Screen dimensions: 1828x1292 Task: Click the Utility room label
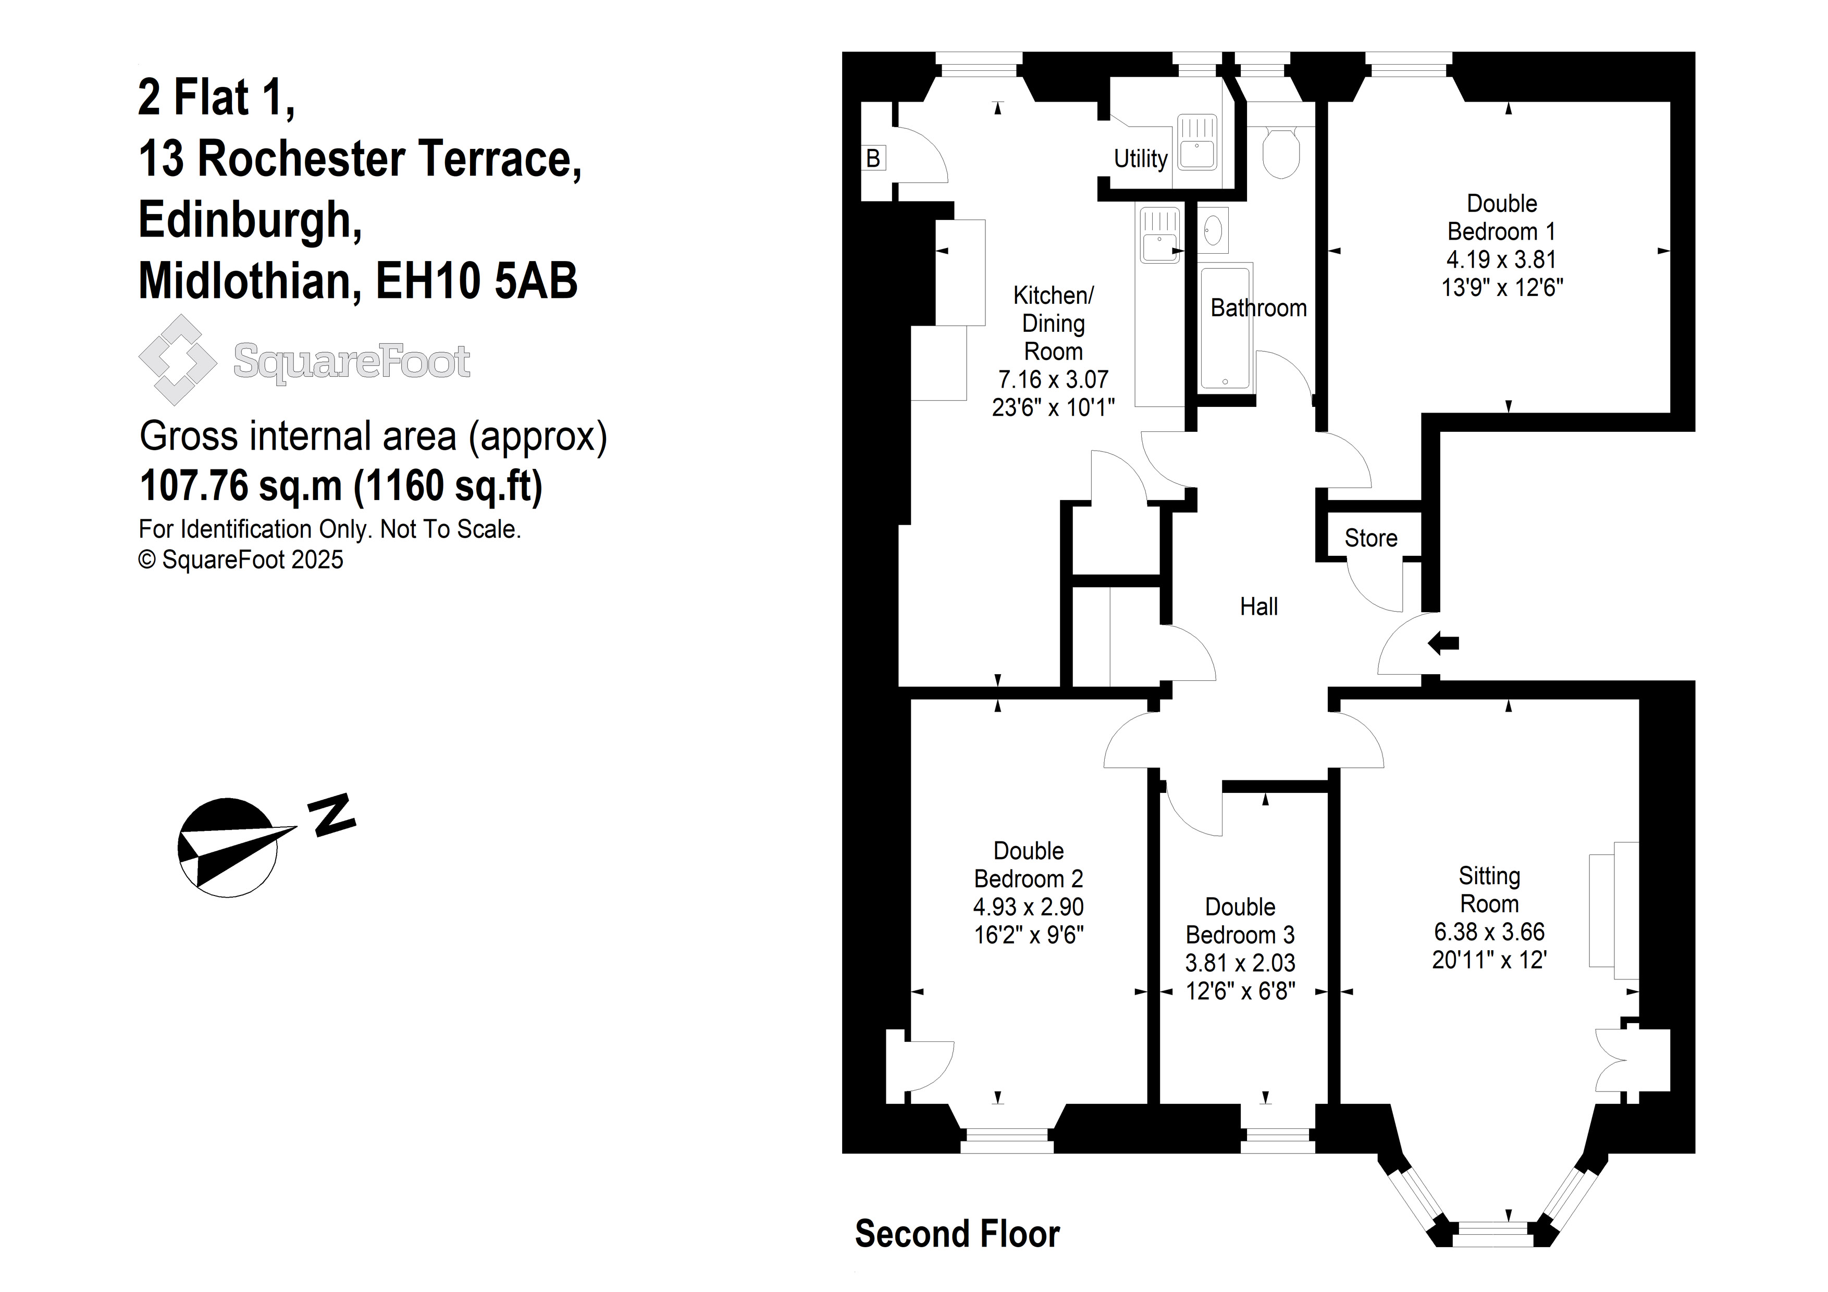click(1140, 159)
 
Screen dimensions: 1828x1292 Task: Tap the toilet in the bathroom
click(1281, 151)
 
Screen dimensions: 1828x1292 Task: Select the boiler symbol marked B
click(873, 158)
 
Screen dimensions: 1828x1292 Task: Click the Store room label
click(1371, 538)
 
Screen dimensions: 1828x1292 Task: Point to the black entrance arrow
click(1443, 643)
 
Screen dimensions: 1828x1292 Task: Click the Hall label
click(1259, 606)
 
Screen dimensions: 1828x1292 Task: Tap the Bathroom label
click(1259, 308)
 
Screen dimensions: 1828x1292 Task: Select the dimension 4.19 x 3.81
click(1502, 259)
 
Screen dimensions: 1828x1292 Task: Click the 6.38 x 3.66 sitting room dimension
click(1489, 931)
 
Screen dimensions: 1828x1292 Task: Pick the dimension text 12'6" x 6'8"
click(1240, 991)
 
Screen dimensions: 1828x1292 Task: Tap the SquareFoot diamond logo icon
click(178, 360)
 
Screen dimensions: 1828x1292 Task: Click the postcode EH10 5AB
click(476, 280)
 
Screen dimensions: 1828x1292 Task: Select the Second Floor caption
click(957, 1233)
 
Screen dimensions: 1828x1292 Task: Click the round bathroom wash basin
click(1213, 231)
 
